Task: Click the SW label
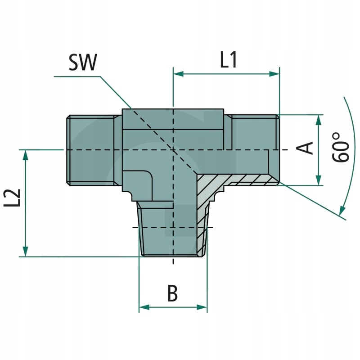pyautogui.click(x=82, y=63)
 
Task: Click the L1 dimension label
pyautogui.click(x=228, y=60)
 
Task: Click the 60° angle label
pyautogui.click(x=341, y=147)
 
